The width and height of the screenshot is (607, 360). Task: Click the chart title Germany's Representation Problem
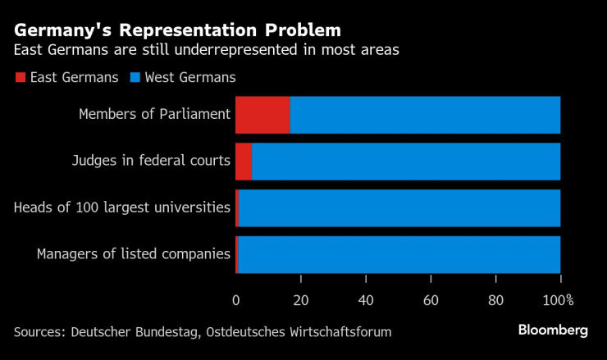176,30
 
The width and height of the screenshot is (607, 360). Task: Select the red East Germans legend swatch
20,78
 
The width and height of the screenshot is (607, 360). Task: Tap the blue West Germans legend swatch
134,78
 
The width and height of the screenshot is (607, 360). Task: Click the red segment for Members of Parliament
262,114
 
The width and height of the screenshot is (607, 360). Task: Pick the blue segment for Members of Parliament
425,114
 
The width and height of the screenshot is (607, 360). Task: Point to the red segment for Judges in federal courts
243,161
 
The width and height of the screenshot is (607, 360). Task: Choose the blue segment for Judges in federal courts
406,161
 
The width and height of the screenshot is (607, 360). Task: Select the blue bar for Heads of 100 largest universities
399,207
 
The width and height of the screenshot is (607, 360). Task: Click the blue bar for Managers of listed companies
399,254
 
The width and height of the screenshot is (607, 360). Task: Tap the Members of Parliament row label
154,114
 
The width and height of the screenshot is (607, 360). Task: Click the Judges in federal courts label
151,161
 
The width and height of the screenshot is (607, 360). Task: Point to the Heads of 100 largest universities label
122,207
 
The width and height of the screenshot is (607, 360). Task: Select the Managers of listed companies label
134,254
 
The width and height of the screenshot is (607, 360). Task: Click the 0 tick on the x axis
236,299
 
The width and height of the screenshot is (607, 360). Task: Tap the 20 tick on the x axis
301,299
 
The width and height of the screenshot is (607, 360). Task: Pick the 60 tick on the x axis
431,299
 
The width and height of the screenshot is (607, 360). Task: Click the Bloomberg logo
553,330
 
